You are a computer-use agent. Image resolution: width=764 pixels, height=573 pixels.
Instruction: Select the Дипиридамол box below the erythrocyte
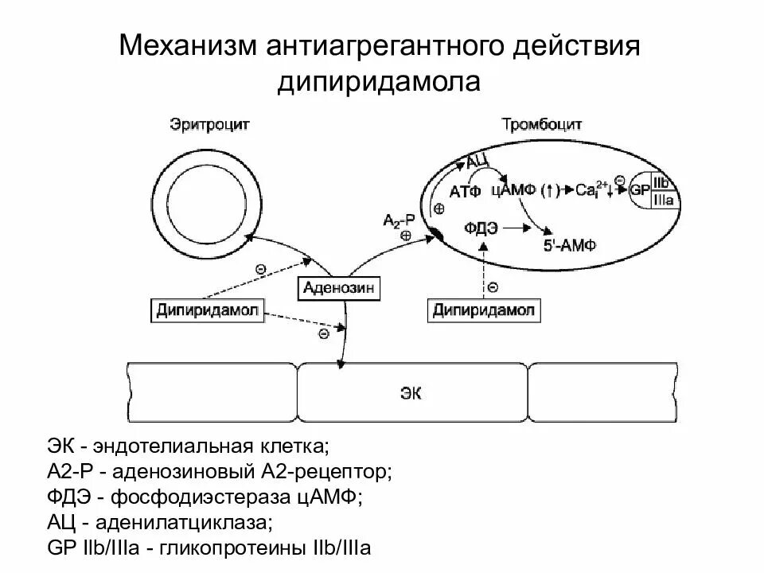207,310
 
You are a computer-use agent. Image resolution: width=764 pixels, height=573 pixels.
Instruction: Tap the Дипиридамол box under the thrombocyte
484,310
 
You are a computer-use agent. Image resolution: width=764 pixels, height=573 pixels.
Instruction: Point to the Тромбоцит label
542,125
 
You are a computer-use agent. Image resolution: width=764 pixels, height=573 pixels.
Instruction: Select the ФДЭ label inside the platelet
483,228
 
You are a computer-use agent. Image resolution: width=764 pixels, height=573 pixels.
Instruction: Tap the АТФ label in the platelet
465,192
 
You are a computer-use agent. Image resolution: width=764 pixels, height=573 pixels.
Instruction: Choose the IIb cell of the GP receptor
662,182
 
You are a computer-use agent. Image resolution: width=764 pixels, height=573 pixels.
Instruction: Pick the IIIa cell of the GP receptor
663,200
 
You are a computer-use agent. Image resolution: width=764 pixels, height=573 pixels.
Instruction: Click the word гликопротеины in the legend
237,548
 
